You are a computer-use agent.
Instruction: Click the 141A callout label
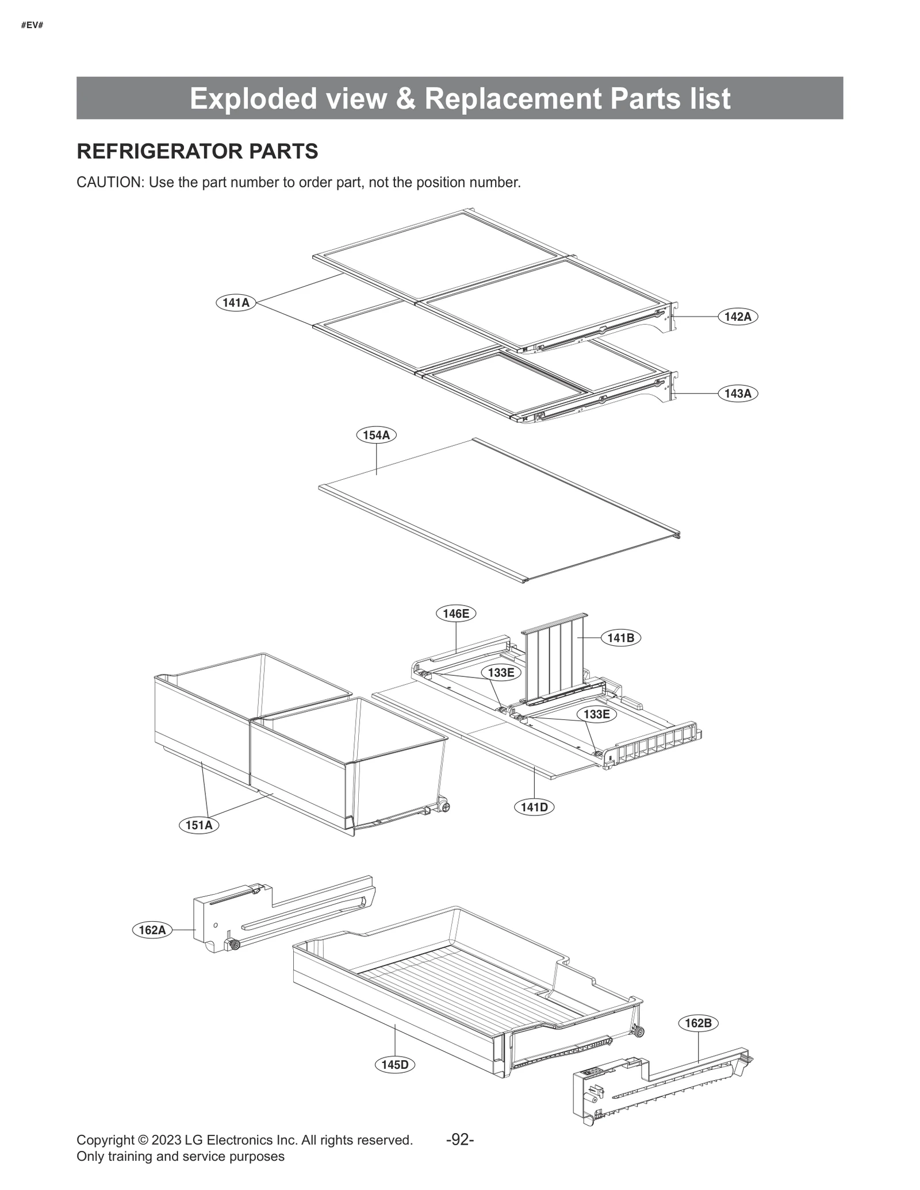tap(236, 302)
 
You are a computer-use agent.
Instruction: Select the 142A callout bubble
tap(738, 317)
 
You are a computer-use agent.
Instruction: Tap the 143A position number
tap(738, 394)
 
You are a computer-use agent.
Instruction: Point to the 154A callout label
tap(376, 435)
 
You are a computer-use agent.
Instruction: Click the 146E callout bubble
tap(455, 614)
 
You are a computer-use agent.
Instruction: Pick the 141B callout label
tap(620, 638)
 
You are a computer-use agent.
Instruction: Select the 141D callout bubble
tap(534, 807)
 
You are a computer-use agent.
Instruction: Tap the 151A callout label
tap(199, 826)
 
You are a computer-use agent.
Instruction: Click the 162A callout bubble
tap(152, 930)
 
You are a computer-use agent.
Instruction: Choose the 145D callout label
tap(395, 1065)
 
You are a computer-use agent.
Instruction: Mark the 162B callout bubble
tap(698, 1023)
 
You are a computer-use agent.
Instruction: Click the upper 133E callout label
tap(501, 672)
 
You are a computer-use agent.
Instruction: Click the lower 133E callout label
tap(596, 714)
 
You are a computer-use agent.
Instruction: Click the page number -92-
tap(460, 1140)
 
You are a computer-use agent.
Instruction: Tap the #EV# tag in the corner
tap(32, 25)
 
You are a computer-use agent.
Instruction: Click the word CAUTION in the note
tap(109, 183)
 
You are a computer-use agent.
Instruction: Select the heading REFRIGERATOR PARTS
tap(197, 151)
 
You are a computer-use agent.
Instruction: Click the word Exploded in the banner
tap(253, 98)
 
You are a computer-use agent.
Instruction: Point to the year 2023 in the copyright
tap(166, 1141)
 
